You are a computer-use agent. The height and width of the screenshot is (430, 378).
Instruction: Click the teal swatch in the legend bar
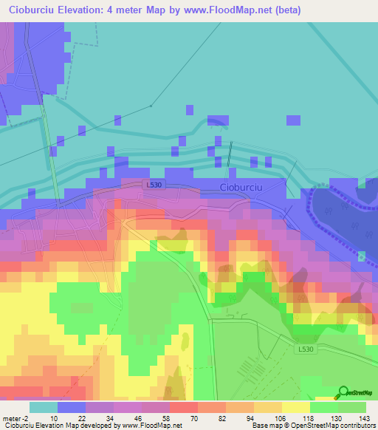(x=44, y=406)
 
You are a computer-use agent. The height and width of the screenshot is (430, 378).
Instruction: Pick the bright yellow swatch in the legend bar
(x=295, y=406)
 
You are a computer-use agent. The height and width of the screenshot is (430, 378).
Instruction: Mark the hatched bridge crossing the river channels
(x=230, y=155)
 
